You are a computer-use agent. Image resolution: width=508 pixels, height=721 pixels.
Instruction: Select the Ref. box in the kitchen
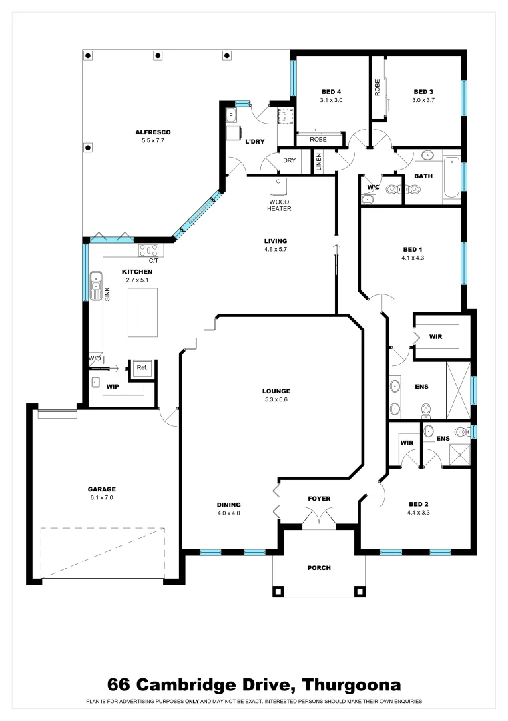pos(142,368)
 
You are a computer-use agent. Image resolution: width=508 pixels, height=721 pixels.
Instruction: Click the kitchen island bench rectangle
pos(143,313)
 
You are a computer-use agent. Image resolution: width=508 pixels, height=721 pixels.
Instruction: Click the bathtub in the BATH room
pos(452,177)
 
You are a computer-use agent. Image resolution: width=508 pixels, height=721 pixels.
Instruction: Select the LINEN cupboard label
pos(319,162)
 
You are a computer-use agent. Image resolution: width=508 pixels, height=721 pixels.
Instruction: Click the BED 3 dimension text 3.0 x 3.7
pos(423,101)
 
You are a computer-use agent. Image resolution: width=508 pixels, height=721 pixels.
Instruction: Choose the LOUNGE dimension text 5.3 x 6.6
pos(276,400)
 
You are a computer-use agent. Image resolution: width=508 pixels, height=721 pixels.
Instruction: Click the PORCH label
pos(319,568)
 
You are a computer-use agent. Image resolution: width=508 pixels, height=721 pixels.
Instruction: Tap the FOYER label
pos(319,499)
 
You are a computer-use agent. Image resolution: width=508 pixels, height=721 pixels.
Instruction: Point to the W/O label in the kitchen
pos(94,359)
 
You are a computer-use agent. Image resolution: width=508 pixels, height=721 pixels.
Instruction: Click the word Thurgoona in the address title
pos(351,684)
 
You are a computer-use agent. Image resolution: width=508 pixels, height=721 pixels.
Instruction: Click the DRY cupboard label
pos(289,160)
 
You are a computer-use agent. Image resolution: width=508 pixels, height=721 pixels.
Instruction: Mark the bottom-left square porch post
pos(278,591)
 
